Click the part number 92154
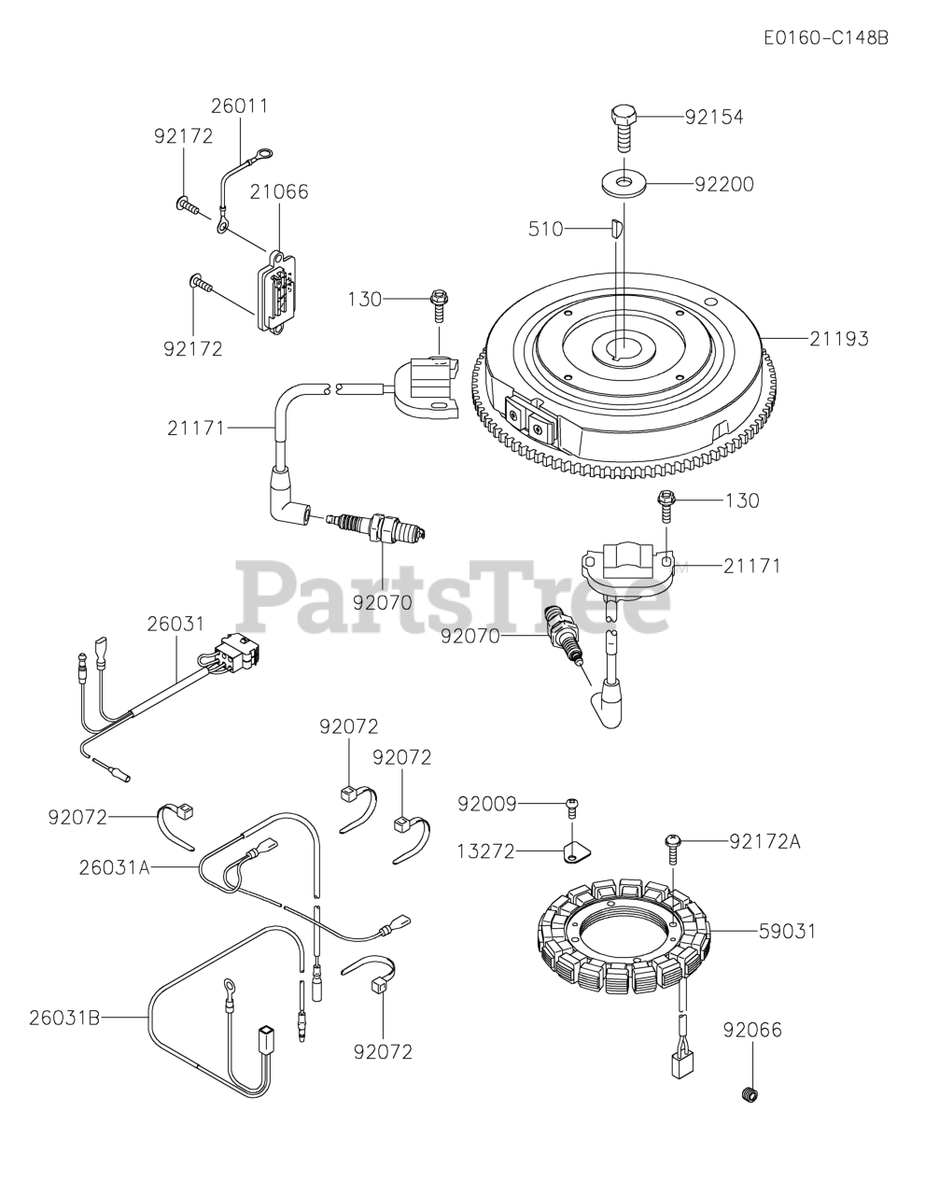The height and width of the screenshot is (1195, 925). [x=714, y=117]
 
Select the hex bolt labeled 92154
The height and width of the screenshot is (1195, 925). [x=624, y=126]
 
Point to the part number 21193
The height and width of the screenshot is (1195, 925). [x=838, y=339]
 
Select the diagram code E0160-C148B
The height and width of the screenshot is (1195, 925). [x=825, y=38]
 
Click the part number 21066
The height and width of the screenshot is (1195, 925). [x=279, y=191]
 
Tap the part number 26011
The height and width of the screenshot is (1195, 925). [x=239, y=105]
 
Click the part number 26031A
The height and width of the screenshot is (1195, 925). [x=114, y=867]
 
